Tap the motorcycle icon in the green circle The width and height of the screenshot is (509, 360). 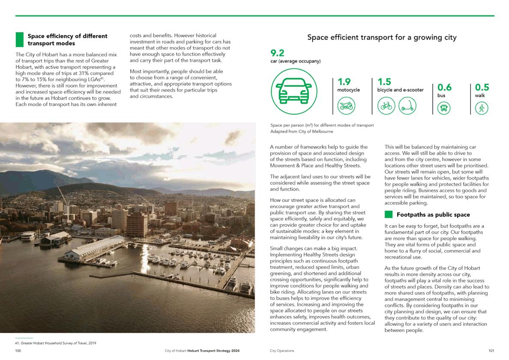[x=345, y=106]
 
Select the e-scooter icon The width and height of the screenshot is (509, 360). [x=407, y=106]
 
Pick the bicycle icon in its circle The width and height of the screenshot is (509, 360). [x=386, y=106]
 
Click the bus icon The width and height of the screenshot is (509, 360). [x=444, y=108]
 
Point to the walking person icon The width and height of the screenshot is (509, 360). [x=482, y=108]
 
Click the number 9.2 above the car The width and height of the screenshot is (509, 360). [x=277, y=53]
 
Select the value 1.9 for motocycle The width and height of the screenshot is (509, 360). [x=344, y=81]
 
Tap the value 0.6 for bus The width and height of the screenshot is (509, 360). [x=444, y=87]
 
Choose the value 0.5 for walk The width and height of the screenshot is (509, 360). [x=482, y=87]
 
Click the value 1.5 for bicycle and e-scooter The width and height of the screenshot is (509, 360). [x=384, y=81]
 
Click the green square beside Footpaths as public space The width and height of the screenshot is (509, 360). [x=388, y=214]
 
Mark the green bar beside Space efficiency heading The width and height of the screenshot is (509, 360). [x=19, y=39]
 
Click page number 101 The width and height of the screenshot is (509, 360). [x=491, y=351]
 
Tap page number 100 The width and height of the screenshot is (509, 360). [x=18, y=351]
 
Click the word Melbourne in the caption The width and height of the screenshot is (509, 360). [x=323, y=132]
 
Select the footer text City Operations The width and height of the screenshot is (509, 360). [x=282, y=351]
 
